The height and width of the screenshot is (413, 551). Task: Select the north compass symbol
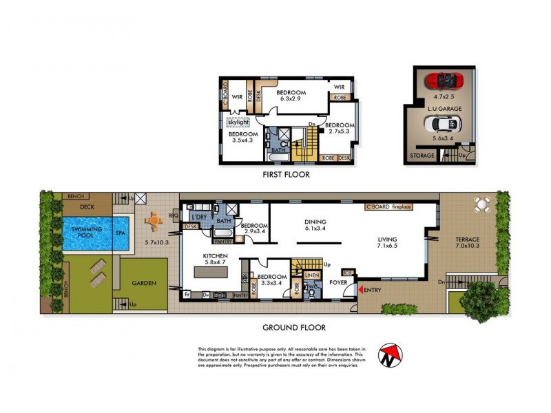pyautogui.click(x=391, y=355)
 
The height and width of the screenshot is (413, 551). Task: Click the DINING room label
pyautogui.click(x=315, y=222)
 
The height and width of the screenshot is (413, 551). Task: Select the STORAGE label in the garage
pyautogui.click(x=422, y=156)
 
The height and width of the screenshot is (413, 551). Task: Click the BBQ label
pyautogui.click(x=173, y=215)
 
